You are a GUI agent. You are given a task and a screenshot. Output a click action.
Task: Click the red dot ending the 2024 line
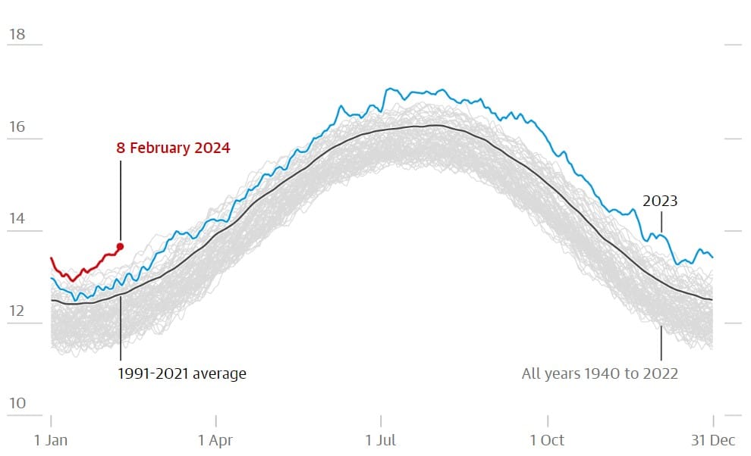pyautogui.click(x=120, y=246)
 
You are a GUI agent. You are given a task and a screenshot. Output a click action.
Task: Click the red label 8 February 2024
pyautogui.click(x=173, y=148)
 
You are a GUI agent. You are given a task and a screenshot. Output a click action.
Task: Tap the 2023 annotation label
pyautogui.click(x=660, y=201)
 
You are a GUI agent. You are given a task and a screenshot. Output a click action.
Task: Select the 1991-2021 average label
pyautogui.click(x=182, y=373)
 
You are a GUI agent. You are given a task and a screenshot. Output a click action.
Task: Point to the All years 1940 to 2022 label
pyautogui.click(x=599, y=373)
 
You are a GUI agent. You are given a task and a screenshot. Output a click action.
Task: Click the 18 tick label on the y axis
pyautogui.click(x=17, y=34)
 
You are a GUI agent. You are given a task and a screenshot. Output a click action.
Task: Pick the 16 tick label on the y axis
pyautogui.click(x=17, y=126)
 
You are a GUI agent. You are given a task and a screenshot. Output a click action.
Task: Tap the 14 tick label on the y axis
pyautogui.click(x=17, y=219)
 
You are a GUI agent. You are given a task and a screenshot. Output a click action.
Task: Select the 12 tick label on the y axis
pyautogui.click(x=17, y=311)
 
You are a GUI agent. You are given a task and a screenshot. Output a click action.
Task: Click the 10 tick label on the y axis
pyautogui.click(x=17, y=403)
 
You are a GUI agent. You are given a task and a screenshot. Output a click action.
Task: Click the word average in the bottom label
pyautogui.click(x=221, y=373)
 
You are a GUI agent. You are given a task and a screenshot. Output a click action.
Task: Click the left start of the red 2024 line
pyautogui.click(x=52, y=258)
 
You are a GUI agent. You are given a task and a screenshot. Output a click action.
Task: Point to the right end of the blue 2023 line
pyautogui.click(x=712, y=257)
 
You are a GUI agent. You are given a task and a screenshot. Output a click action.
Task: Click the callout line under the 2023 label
pyautogui.click(x=661, y=221)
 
